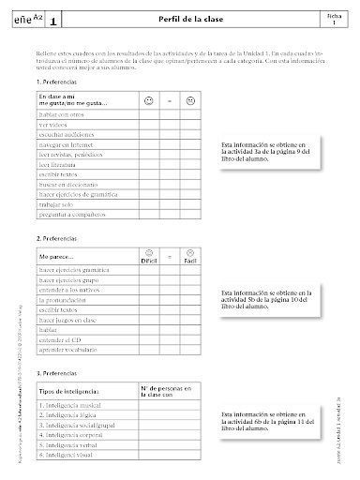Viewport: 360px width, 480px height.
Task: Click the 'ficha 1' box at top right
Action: coord(334,19)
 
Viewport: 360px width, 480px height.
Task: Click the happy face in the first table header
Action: coord(151,100)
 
